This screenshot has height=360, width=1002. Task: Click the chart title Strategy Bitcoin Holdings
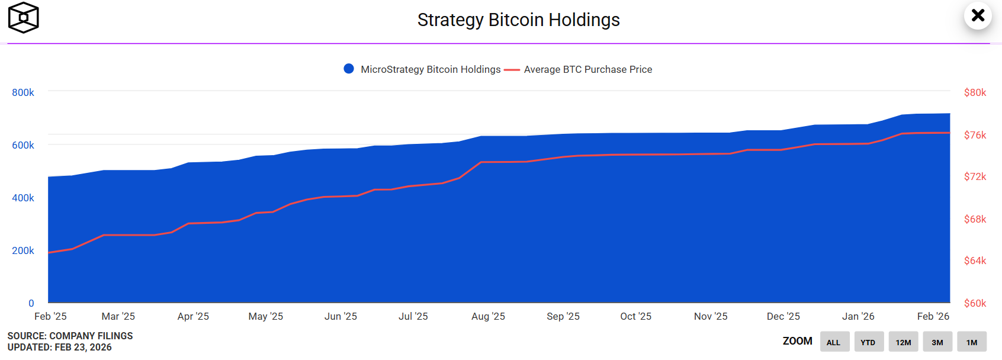518,20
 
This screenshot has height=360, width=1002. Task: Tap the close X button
978,15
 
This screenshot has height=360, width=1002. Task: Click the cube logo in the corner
23,18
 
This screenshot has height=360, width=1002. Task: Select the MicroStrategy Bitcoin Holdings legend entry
423,69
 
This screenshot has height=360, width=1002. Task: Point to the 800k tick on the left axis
23,92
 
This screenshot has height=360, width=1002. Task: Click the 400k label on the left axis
23,198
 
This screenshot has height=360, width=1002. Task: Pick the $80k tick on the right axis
975,92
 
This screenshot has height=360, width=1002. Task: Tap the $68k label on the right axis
975,219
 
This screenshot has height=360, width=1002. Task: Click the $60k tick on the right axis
975,303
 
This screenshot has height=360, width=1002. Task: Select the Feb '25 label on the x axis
50,316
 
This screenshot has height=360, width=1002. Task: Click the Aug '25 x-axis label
488,316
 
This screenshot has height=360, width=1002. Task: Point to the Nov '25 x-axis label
711,316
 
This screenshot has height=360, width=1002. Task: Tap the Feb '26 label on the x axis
933,316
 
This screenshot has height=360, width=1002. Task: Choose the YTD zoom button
868,342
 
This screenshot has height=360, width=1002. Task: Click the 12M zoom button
903,342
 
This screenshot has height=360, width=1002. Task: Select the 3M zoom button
937,342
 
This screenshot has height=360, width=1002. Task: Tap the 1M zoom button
972,342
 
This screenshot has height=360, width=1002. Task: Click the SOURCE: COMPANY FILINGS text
70,336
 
